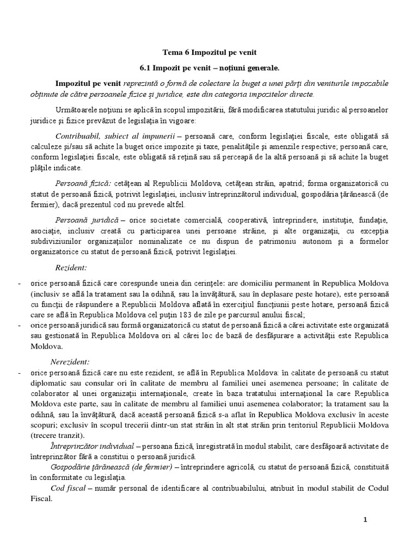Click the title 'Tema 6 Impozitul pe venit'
pyautogui.click(x=209, y=52)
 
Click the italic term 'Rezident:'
pyautogui.click(x=71, y=268)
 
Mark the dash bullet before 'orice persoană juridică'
pyautogui.click(x=20, y=325)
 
